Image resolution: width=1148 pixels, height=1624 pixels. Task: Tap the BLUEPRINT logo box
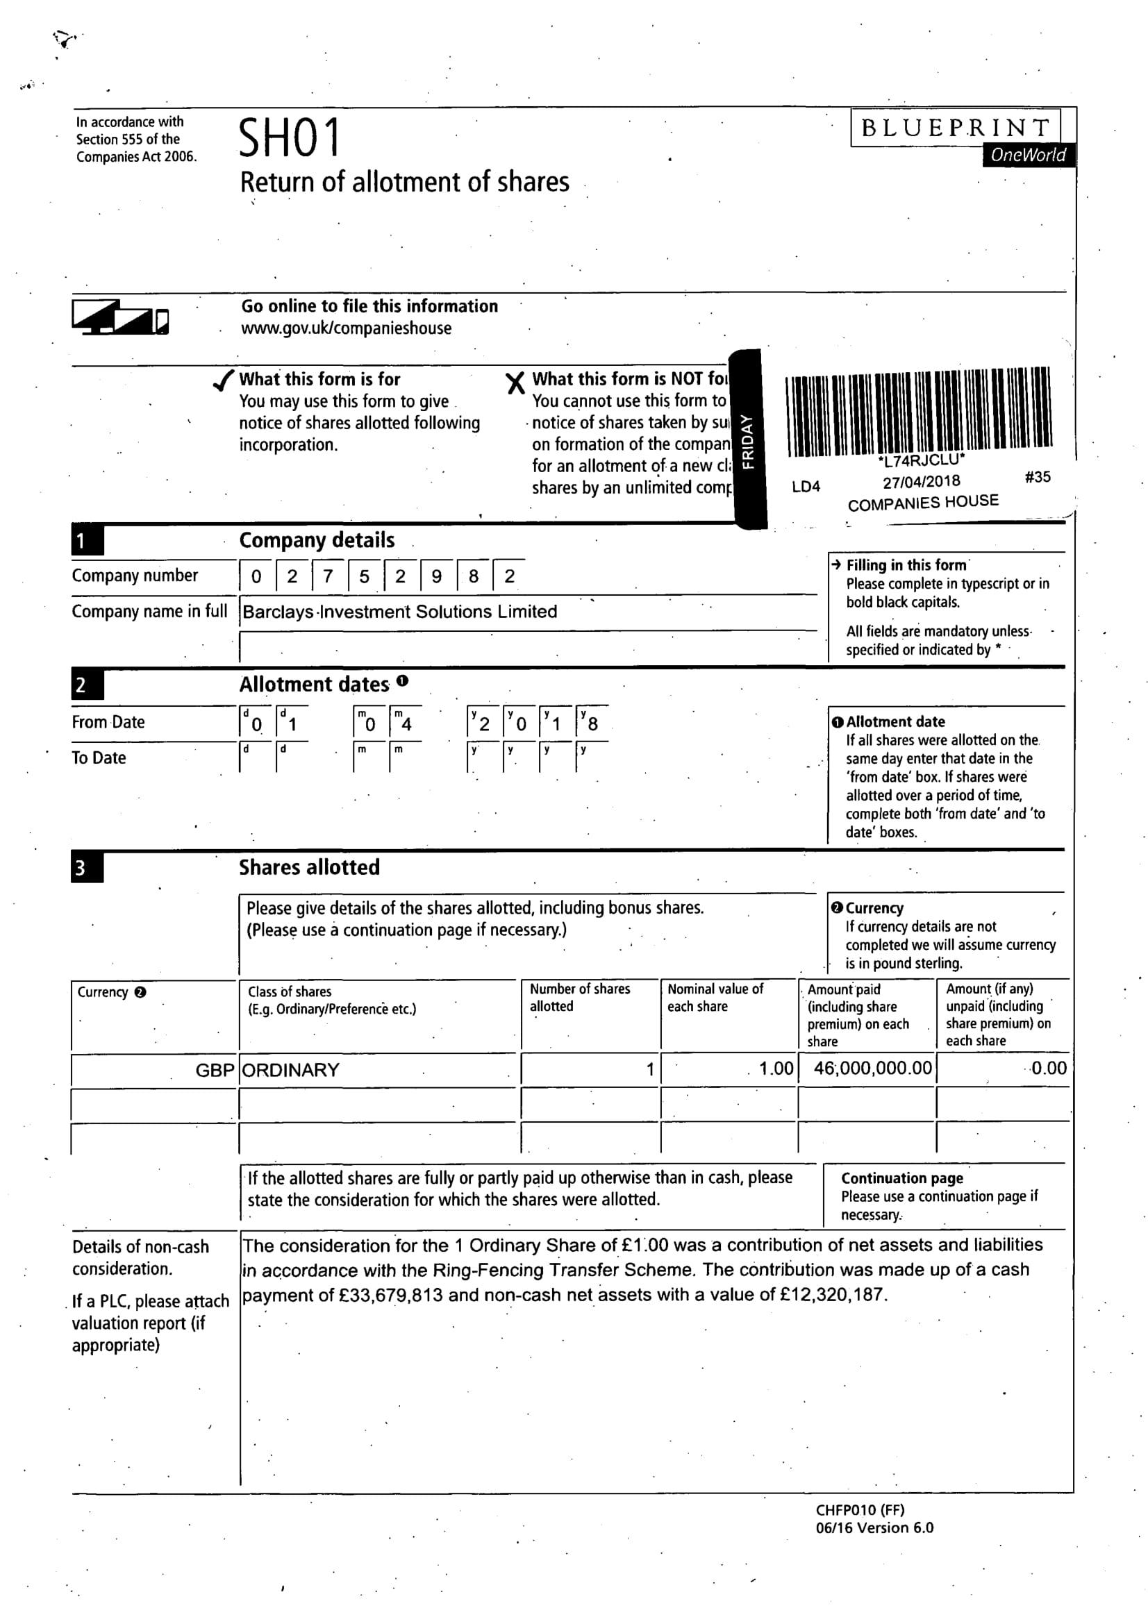955,128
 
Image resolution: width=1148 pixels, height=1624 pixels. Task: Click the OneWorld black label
1028,155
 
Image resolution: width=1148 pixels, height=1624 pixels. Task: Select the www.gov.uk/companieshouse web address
346,328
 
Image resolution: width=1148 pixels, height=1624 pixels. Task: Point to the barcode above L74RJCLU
918,412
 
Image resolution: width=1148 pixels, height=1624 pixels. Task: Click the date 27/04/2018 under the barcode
921,482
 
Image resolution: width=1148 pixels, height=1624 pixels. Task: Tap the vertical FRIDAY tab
748,440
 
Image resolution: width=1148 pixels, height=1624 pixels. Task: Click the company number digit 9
436,576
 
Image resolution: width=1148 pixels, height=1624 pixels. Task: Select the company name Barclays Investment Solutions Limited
399,612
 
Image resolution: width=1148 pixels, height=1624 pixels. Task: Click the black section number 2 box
87,685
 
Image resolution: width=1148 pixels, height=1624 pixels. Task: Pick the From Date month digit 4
406,723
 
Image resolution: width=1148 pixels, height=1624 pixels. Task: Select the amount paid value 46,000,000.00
872,1068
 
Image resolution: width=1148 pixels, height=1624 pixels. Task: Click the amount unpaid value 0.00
1048,1068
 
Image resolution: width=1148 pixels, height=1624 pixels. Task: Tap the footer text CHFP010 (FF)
859,1509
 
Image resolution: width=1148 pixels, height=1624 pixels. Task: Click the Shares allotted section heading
309,867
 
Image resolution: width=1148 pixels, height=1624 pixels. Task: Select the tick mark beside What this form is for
224,381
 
